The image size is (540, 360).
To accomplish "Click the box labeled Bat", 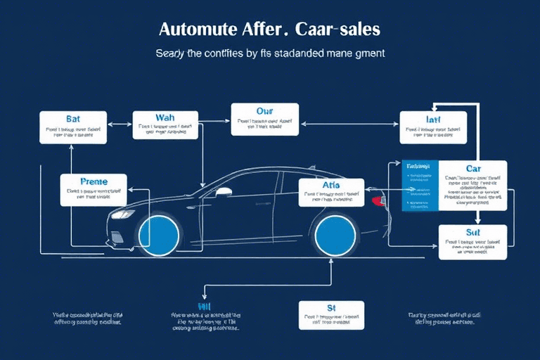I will point(73,127).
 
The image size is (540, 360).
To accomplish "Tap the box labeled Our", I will point(264,119).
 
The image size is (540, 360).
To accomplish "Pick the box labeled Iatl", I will point(432,127).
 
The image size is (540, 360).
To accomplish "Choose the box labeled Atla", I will point(331,192).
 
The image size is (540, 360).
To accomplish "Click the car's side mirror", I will point(224,191).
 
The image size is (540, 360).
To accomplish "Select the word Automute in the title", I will point(191,30).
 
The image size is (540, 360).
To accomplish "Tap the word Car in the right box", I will point(472,169).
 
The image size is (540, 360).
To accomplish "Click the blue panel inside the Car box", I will point(420,186).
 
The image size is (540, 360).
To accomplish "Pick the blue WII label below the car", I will point(205,307).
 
